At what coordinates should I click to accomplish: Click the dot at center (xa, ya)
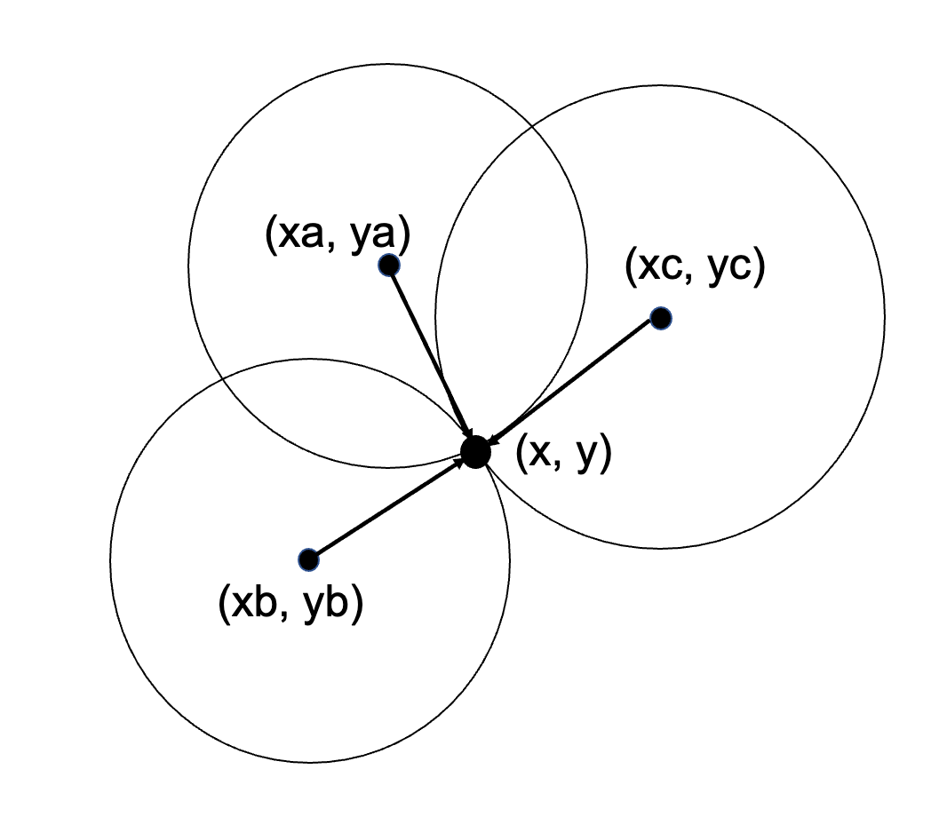389,265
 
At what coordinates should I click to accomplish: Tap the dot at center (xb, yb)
308,559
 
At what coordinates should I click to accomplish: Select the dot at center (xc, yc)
661,318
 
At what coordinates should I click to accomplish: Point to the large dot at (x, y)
475,452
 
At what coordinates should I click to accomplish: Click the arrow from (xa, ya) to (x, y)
431,353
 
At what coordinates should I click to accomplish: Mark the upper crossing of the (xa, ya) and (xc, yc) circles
531,127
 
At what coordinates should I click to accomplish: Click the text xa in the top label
301,234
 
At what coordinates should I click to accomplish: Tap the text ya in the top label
371,237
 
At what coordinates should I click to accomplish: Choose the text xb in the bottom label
254,602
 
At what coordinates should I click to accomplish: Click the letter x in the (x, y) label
540,454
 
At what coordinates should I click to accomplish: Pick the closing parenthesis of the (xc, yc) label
760,267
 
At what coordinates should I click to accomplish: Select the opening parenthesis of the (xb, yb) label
224,605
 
